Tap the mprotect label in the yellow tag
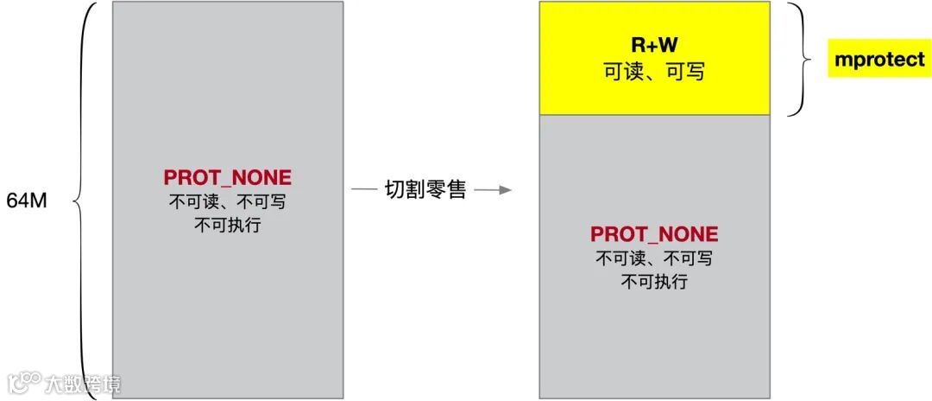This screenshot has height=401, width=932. [x=879, y=60]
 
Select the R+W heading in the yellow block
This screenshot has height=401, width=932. [x=654, y=47]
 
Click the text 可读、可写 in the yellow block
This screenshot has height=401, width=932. [x=654, y=72]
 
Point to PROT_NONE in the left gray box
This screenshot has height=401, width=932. [x=228, y=178]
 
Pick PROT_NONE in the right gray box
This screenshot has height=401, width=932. [x=654, y=234]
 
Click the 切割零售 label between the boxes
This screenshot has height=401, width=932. [x=425, y=190]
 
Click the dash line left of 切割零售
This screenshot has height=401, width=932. [x=363, y=190]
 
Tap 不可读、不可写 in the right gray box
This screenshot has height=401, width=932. [x=654, y=258]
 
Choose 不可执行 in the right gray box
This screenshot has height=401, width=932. [x=654, y=281]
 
